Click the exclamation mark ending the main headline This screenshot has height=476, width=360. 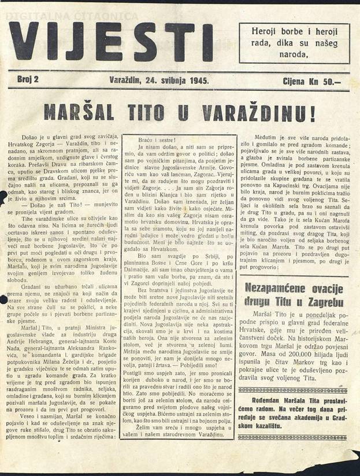coord(313,113)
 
